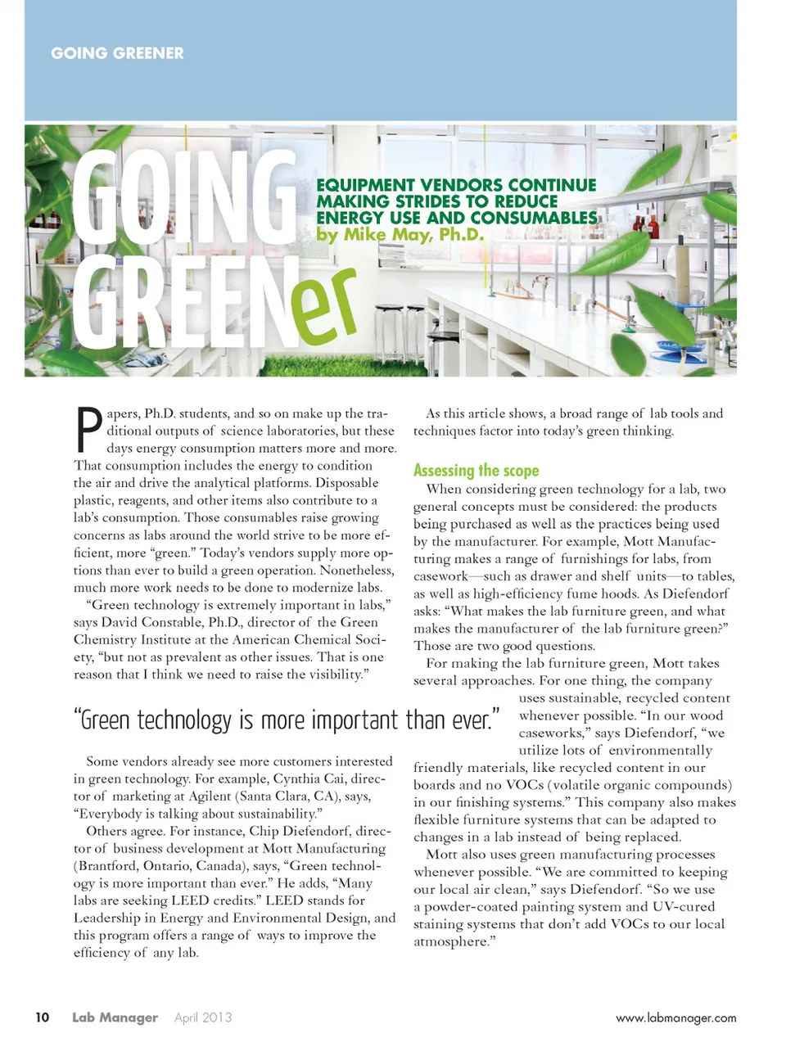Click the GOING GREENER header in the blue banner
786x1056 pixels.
[117, 53]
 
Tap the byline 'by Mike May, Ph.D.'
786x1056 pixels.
[400, 235]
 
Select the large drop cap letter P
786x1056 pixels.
[88, 431]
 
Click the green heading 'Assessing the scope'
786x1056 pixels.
[476, 471]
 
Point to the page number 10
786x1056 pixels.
[42, 1018]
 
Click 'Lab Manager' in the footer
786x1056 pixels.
[115, 1018]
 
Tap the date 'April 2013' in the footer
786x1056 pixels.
[203, 1018]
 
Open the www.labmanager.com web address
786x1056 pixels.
[675, 1018]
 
